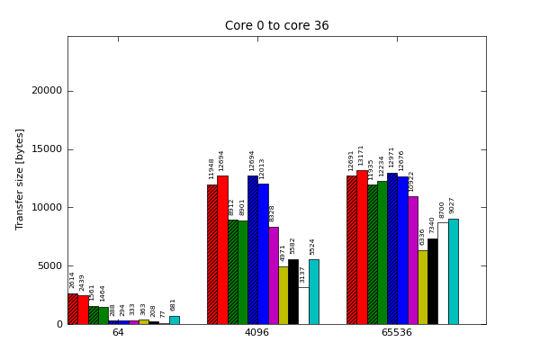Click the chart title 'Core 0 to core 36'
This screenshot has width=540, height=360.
point(276,26)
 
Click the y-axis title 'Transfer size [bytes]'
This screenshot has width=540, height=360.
point(20,179)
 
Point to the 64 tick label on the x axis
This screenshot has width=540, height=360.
point(118,333)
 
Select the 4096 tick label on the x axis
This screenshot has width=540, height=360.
point(257,333)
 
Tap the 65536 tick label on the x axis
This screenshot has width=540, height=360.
point(396,333)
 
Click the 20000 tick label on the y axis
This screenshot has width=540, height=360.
point(47,91)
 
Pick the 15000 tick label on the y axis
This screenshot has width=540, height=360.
point(47,149)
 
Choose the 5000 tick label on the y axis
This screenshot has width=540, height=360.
point(49,265)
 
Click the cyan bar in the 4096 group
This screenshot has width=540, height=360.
point(313,292)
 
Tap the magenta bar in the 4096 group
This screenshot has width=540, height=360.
point(273,275)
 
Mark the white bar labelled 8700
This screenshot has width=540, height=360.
point(443,274)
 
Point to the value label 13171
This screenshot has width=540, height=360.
point(362,155)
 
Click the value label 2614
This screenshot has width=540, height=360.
point(72,280)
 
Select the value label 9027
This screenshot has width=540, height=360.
point(453,205)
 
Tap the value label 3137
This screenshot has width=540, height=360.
point(303,274)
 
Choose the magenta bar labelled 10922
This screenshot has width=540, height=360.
point(412,260)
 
